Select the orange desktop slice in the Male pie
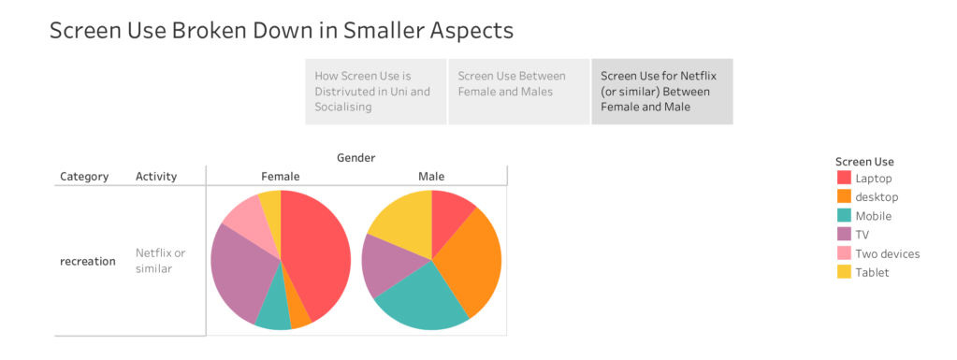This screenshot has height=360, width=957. click(x=473, y=263)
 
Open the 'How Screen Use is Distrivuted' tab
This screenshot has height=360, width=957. click(x=376, y=92)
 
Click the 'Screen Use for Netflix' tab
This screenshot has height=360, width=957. click(x=661, y=92)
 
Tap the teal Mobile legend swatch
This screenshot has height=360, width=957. click(x=844, y=215)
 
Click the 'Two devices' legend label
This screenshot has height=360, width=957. click(x=888, y=253)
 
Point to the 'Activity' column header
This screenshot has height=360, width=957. click(x=156, y=177)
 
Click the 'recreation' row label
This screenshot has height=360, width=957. click(x=88, y=261)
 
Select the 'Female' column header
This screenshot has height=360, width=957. click(x=281, y=177)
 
